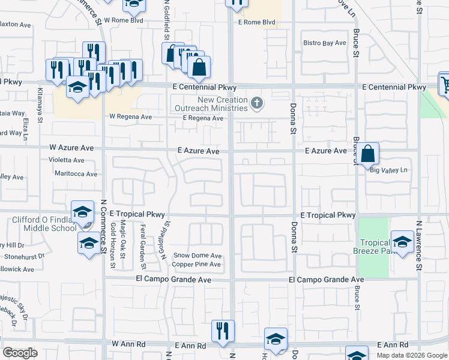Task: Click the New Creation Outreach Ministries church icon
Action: click(x=257, y=103)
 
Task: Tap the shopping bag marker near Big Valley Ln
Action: click(x=369, y=154)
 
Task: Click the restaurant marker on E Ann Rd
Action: click(x=223, y=331)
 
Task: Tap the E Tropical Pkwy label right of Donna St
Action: click(x=328, y=215)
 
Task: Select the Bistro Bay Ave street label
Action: click(x=325, y=43)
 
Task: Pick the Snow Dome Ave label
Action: click(x=197, y=256)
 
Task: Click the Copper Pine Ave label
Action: click(x=197, y=265)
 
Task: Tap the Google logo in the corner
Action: click(x=20, y=353)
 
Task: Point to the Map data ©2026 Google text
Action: click(x=412, y=355)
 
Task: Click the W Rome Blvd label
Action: click(x=124, y=20)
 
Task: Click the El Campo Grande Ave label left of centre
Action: click(x=173, y=280)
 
